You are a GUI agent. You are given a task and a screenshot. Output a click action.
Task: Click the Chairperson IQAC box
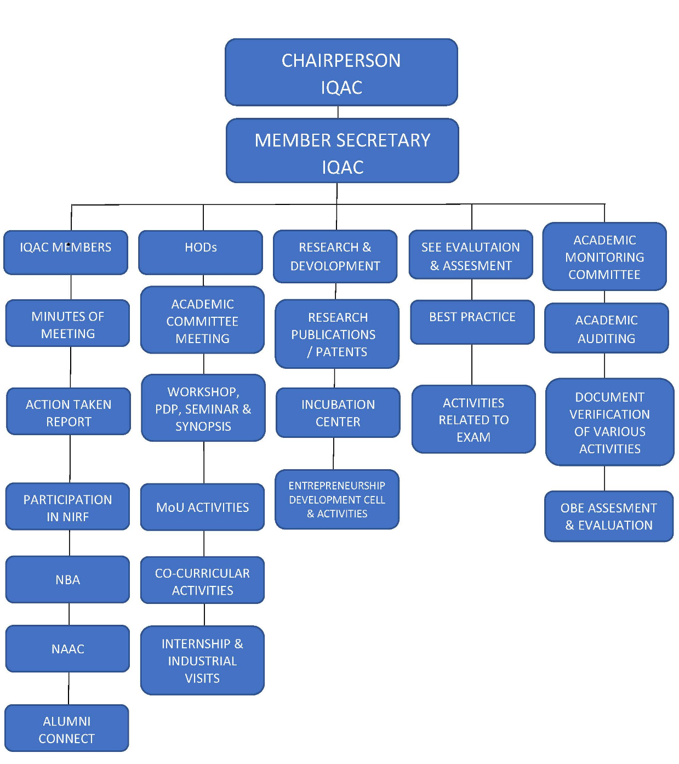click(341, 72)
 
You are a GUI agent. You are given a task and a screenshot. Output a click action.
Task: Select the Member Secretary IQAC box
click(342, 151)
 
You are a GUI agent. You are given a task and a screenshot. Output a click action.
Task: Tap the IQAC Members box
click(66, 252)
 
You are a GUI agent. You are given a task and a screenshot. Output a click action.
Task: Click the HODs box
click(201, 252)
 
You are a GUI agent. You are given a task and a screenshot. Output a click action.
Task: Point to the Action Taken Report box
click(69, 412)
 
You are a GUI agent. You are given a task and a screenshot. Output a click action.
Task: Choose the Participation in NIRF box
click(67, 507)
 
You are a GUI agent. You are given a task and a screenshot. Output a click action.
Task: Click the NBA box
click(67, 579)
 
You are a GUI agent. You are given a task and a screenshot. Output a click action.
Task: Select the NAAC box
click(67, 648)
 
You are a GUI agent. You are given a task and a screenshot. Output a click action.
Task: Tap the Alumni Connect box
click(67, 728)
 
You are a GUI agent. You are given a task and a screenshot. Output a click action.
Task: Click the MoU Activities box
click(202, 507)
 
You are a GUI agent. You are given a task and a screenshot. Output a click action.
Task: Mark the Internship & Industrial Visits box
click(202, 660)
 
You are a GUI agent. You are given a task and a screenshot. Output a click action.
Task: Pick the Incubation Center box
click(338, 413)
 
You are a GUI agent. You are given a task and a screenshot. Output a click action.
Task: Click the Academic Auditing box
click(606, 328)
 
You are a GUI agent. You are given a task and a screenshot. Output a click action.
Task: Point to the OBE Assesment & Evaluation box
click(608, 516)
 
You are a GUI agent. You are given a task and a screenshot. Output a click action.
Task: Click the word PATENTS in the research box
click(341, 352)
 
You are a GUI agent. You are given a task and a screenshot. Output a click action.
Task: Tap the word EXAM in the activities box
click(473, 437)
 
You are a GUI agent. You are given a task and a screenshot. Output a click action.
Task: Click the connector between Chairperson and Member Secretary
click(338, 112)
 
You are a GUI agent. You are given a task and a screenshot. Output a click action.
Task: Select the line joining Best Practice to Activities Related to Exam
click(472, 364)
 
